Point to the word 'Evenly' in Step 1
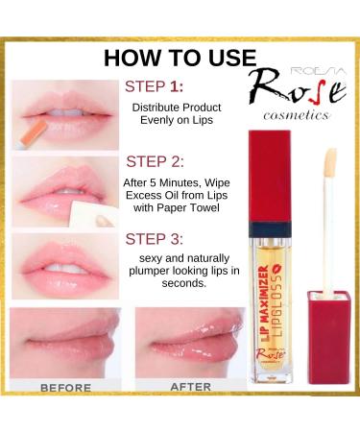coord(156,121)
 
